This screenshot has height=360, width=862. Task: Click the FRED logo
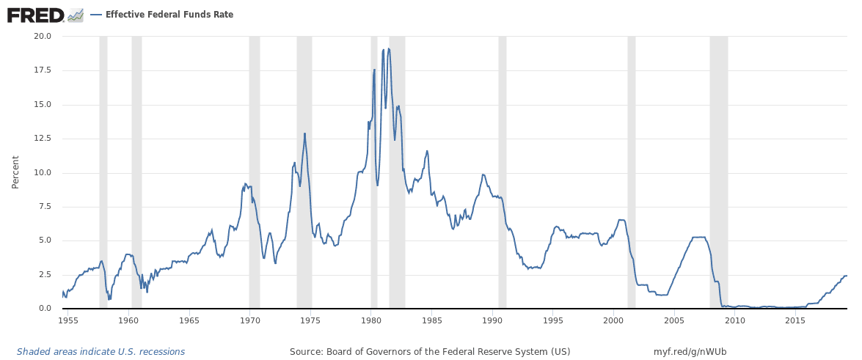(x=35, y=15)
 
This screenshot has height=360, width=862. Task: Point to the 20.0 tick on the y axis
(x=42, y=36)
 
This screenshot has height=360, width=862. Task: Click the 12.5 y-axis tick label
(x=42, y=139)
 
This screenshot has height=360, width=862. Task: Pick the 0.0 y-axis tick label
(x=44, y=309)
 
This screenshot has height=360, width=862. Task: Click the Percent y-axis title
(x=15, y=172)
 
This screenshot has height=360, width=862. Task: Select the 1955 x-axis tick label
(x=68, y=320)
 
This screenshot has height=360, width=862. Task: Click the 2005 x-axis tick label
(x=674, y=320)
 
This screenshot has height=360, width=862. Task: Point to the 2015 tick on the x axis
(x=795, y=320)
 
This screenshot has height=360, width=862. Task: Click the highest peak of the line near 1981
(x=388, y=49)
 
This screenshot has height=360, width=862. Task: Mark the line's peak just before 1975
(x=304, y=133)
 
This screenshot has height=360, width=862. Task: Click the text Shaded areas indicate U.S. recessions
(x=101, y=352)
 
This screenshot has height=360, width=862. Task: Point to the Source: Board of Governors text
(x=430, y=352)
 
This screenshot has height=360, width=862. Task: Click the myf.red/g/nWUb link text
(x=690, y=352)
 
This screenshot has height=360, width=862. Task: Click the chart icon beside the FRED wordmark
(x=76, y=15)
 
